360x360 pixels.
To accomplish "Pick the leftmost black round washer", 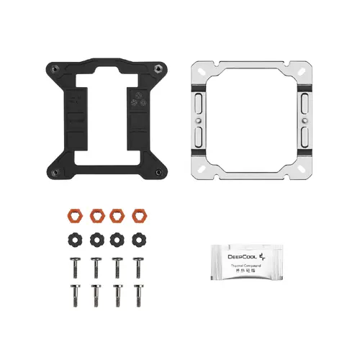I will (73, 238).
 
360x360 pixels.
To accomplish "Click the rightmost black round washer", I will (138, 238).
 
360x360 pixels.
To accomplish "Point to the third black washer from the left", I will (117, 238).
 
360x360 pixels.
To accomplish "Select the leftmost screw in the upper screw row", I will (73, 266).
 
